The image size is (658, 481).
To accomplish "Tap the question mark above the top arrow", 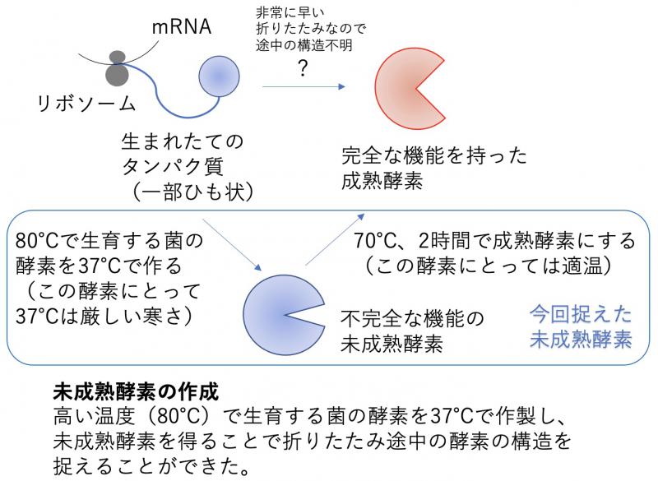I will pos(303,69).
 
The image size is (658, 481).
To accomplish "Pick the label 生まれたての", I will pos(183,141).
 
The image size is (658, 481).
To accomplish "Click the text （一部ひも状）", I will pos(186,192).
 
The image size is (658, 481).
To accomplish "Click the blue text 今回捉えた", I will pos(581,314).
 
